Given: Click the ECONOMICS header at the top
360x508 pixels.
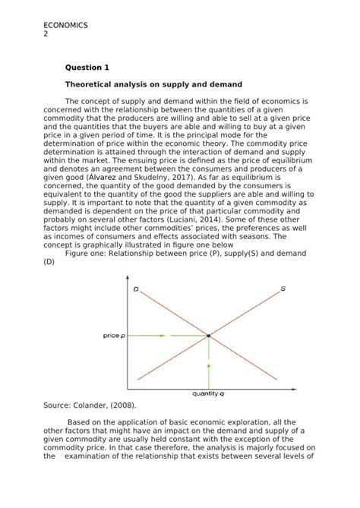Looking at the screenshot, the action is point(66,25).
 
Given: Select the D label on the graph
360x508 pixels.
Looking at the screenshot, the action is point(135,289).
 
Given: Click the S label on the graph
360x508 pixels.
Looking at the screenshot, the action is point(283,289).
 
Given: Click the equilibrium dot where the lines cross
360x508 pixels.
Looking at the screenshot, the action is point(209,335).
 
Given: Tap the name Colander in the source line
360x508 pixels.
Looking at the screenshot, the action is point(93,406).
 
